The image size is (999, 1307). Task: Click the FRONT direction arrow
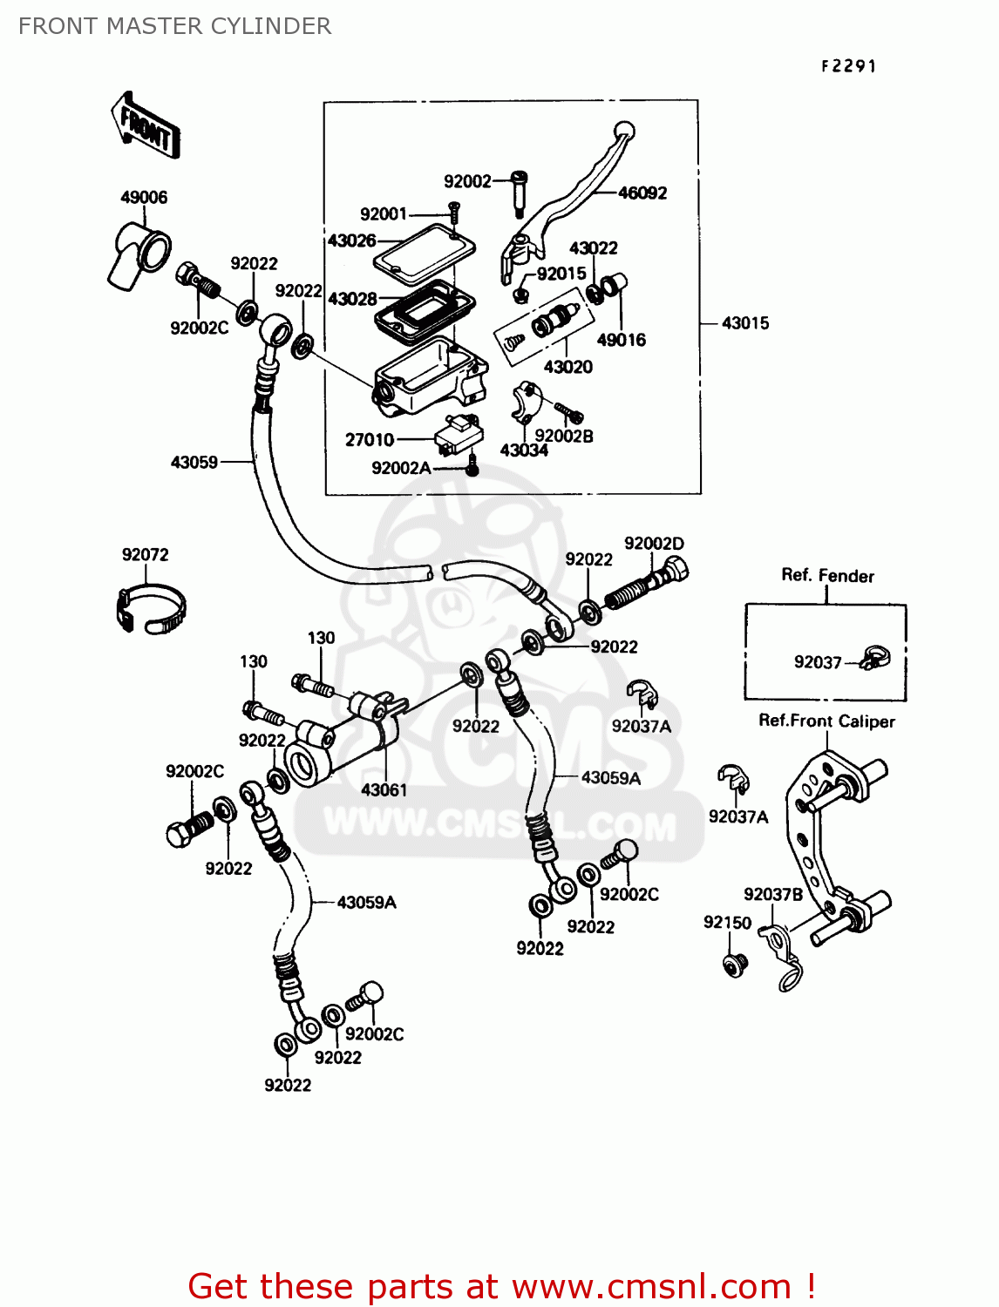146,126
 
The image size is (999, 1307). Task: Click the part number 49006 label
144,198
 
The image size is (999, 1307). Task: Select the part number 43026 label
351,240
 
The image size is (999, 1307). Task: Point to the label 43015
745,323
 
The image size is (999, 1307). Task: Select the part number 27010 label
370,440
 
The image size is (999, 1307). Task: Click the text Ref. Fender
827,576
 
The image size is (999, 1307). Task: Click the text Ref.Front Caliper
826,721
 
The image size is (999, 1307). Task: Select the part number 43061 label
384,790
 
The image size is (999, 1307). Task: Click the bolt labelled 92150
736,965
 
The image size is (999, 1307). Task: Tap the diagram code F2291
848,66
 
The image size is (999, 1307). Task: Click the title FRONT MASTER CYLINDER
174,26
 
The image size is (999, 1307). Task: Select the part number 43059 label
194,463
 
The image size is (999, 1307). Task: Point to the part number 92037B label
773,895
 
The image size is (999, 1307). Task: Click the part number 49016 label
621,340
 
